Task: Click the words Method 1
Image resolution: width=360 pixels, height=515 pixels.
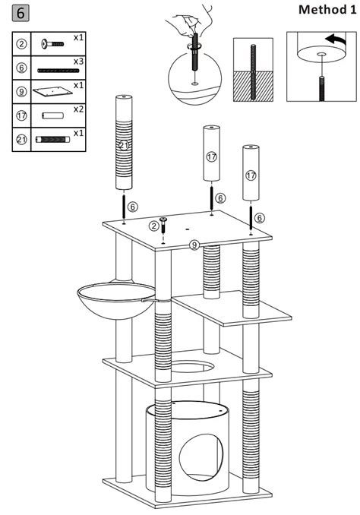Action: click(326, 10)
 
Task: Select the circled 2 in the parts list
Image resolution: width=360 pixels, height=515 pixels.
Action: click(22, 43)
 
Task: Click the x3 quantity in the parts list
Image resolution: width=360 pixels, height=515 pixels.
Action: click(78, 60)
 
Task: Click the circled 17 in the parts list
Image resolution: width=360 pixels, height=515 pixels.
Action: click(22, 116)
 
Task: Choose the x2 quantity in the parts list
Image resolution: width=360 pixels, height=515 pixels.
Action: click(78, 109)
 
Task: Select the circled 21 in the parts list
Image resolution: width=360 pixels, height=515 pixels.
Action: click(22, 140)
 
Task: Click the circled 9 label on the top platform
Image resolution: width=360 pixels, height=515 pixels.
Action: click(194, 245)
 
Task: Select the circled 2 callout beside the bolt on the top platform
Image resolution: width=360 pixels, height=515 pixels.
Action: click(154, 226)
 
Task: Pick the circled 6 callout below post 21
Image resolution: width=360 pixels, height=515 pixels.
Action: click(133, 206)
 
